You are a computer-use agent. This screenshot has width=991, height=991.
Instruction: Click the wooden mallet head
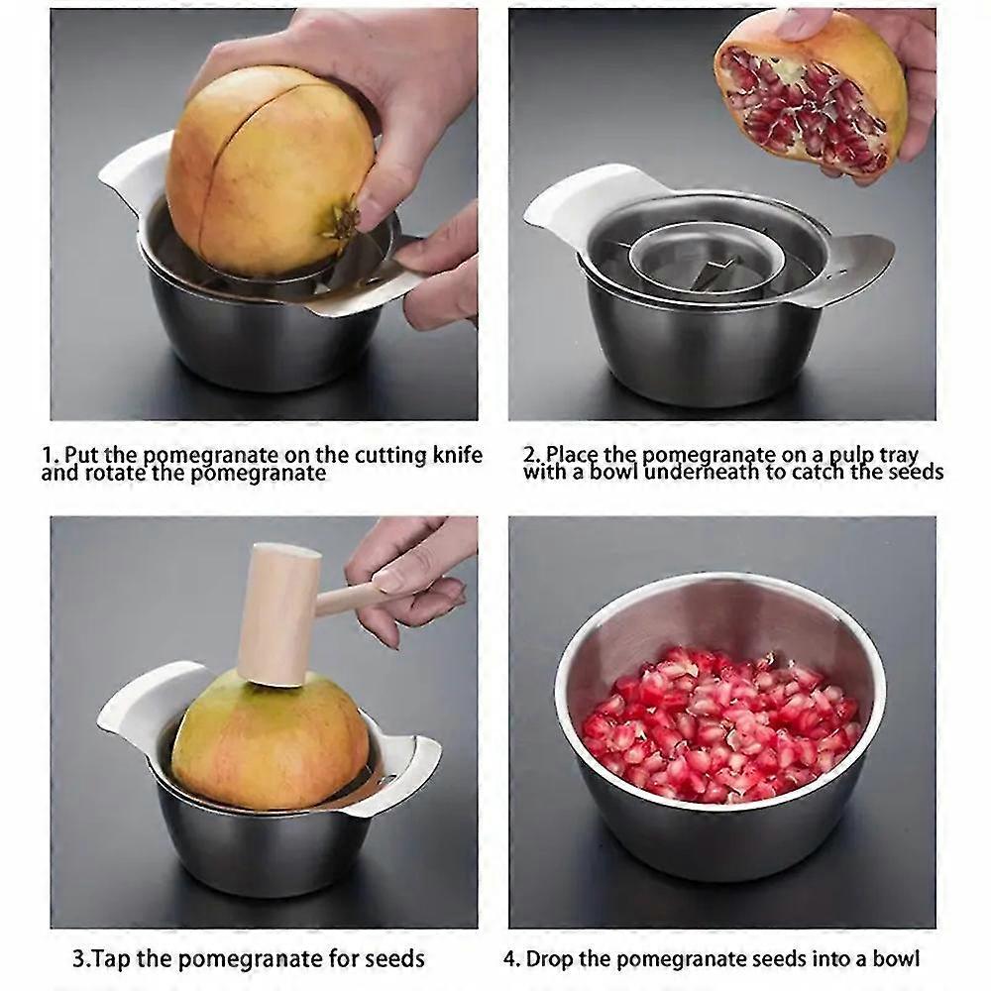277,614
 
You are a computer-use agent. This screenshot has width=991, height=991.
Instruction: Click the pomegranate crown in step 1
342,220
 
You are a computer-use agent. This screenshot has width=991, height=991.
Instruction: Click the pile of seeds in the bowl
718,723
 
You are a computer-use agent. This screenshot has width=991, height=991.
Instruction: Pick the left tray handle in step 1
134,178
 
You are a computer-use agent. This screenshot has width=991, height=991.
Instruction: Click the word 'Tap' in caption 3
109,958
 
